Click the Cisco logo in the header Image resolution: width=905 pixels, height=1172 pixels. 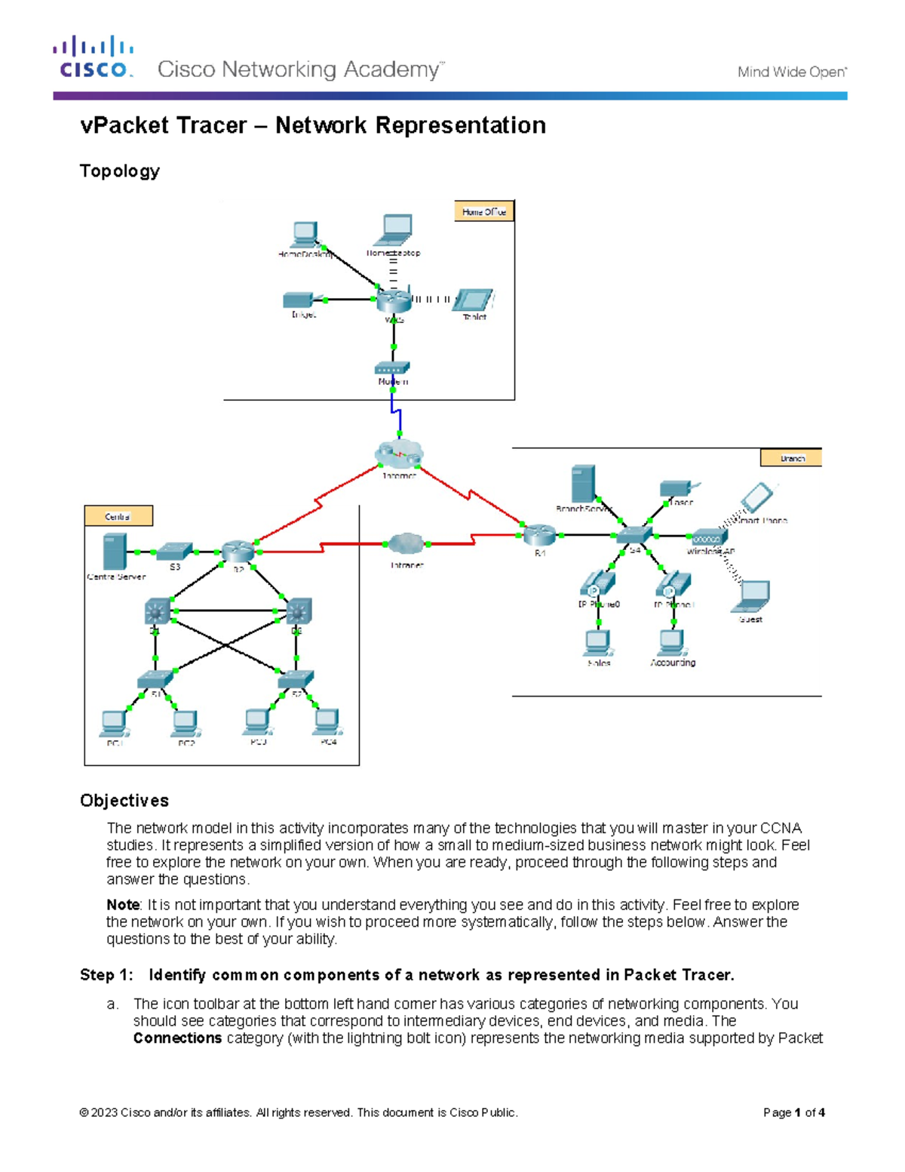(94, 57)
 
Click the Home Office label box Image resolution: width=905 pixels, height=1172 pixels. (483, 212)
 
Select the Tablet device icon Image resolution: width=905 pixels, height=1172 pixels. (475, 300)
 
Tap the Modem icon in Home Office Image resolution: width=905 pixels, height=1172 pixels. (392, 368)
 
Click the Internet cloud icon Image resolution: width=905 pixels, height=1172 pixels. (399, 454)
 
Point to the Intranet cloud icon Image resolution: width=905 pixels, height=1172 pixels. (406, 543)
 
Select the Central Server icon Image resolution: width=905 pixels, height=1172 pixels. (115, 551)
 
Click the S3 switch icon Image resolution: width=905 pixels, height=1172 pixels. (175, 551)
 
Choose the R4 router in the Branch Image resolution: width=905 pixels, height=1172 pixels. (539, 535)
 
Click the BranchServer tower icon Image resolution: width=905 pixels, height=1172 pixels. (583, 484)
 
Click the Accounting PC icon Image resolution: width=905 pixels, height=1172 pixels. (670, 642)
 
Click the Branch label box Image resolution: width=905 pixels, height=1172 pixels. (791, 458)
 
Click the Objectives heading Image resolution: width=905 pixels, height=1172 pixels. (124, 801)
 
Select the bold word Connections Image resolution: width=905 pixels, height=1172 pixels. (177, 1038)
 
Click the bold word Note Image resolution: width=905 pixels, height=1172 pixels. (122, 905)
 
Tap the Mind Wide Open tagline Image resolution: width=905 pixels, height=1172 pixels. (792, 72)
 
